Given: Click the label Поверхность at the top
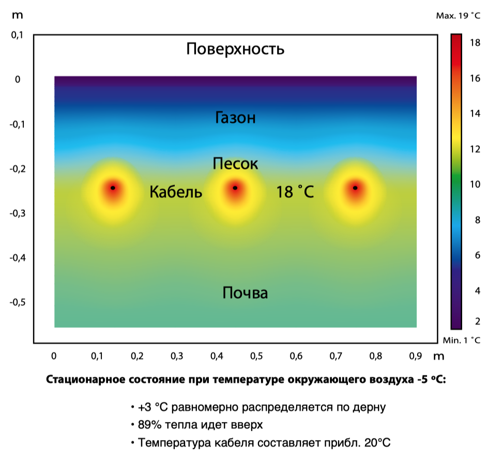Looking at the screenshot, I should pos(235,50).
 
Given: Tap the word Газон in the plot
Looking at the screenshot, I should pos(235,118).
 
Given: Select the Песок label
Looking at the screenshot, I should pos(235,164).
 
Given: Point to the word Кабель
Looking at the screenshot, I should pos(176,193).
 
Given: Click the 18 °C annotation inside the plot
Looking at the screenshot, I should pos(295,193).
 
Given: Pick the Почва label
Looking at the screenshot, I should pos(245,294).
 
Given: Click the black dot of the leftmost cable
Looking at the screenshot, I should pos(113,188).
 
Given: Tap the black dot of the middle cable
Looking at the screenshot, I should pos(235,188).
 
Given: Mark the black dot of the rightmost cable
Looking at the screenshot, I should pos(355,188).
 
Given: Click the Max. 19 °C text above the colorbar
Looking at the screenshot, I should pos(458,16).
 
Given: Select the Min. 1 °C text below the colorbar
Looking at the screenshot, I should pos(461,340).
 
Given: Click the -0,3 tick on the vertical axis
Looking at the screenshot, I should pos(18,213).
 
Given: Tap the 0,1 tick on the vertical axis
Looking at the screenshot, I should pos(18,35).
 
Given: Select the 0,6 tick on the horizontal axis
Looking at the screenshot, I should pos(296,356).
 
